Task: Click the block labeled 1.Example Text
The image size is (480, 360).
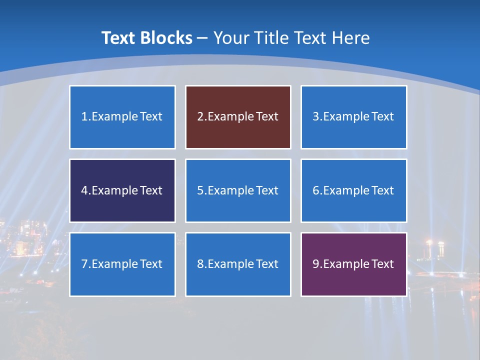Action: click(x=122, y=117)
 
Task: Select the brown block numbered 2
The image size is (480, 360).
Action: click(x=238, y=117)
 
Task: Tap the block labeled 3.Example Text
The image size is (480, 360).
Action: click(x=353, y=117)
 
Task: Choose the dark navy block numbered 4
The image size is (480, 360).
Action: click(x=122, y=190)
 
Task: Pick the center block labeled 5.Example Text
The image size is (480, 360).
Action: click(x=238, y=190)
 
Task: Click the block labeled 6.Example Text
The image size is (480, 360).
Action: click(x=353, y=190)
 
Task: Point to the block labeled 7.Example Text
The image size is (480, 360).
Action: click(x=122, y=264)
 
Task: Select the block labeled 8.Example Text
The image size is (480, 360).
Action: click(x=238, y=264)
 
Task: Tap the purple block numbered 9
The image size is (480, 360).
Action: click(x=353, y=264)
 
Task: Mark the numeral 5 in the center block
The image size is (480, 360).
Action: click(x=200, y=190)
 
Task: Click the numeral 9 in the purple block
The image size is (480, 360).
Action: click(x=316, y=264)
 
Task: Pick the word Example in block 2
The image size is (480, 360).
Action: click(x=230, y=117)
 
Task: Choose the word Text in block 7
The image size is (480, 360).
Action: click(x=151, y=264)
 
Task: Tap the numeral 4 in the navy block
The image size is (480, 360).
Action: click(x=84, y=190)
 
